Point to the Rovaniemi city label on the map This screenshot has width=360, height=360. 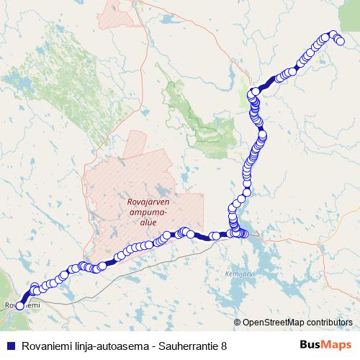coord(22,305)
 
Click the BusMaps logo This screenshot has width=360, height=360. coord(325,345)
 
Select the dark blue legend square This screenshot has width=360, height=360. coord(10,346)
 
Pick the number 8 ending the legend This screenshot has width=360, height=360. coord(224,346)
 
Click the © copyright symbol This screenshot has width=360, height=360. coord(238,323)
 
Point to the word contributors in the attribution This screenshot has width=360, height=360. coord(328,323)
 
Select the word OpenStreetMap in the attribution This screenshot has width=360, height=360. coord(272,323)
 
